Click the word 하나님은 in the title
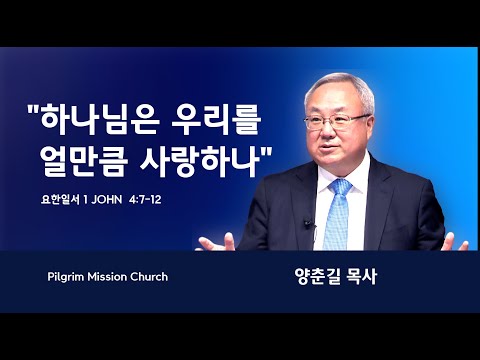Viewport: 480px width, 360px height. [100, 119]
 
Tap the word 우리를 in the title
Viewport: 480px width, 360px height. [216, 119]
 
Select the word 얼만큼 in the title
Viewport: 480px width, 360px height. [84, 161]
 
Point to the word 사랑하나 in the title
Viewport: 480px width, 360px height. [200, 161]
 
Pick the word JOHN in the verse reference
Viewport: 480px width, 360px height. [107, 200]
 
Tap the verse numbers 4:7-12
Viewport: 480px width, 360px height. [146, 200]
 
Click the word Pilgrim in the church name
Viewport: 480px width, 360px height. [66, 277]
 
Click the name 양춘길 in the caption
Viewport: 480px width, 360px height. [316, 277]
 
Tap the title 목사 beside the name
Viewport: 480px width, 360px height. [362, 277]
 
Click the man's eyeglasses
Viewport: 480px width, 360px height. [336, 121]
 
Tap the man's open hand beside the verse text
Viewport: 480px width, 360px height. [217, 243]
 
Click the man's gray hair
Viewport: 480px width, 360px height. [340, 88]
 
